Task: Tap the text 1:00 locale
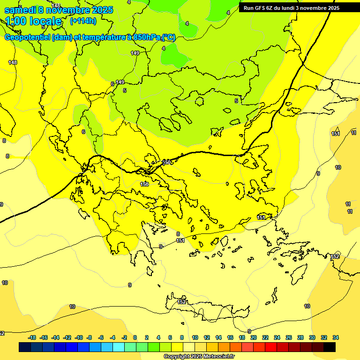tap(33, 21)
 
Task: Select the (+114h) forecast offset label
tap(83, 21)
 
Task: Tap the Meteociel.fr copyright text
tap(198, 356)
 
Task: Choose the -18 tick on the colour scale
tap(32, 337)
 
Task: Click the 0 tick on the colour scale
tap(135, 337)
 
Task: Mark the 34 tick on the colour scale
tap(336, 337)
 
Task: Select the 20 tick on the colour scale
tap(254, 337)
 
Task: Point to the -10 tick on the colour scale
tap(79, 337)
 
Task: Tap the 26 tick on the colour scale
tap(289, 337)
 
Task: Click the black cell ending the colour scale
tap(330, 347)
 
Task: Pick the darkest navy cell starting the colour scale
tap(25, 347)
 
